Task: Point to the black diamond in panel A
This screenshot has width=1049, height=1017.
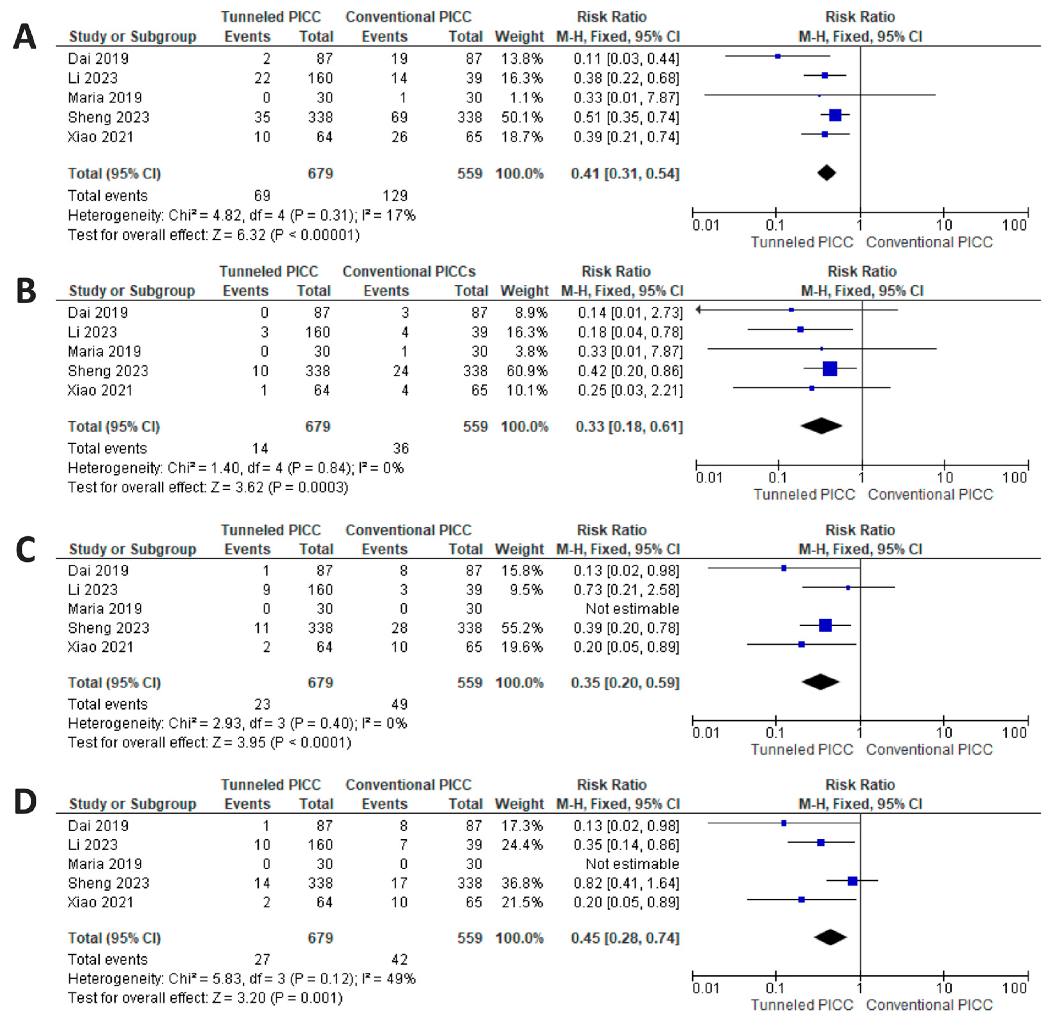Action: pyautogui.click(x=827, y=173)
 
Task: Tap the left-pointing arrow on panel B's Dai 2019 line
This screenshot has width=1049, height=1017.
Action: pyautogui.click(x=698, y=309)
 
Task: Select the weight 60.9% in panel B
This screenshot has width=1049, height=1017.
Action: pyautogui.click(x=527, y=371)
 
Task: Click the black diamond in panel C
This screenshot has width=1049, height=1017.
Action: pyautogui.click(x=820, y=682)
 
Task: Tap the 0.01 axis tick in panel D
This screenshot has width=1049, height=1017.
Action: pyautogui.click(x=706, y=988)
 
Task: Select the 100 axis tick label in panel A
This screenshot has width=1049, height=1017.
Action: pyautogui.click(x=1015, y=225)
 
